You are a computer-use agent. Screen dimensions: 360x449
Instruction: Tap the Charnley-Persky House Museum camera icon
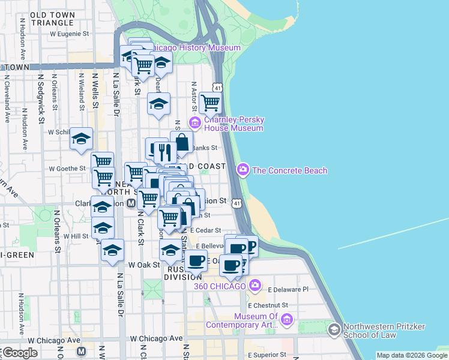tap(194, 124)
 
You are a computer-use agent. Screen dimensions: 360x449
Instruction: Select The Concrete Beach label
tap(289, 170)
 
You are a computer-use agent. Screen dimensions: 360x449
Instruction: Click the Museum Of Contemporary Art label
tap(242, 321)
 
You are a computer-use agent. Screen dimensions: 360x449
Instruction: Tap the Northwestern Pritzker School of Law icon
tap(334, 329)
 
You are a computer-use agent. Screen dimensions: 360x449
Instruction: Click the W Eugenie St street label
tap(73, 34)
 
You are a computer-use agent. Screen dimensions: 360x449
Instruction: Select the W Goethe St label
tap(68, 169)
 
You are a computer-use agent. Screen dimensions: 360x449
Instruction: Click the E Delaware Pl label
tap(288, 289)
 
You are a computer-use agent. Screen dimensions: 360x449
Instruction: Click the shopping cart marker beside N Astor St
tap(210, 103)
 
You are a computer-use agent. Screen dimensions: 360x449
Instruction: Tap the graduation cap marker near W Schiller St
tap(81, 139)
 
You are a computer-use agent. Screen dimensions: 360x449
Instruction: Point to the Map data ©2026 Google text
tap(412, 355)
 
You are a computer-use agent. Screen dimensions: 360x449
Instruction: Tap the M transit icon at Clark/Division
tap(131, 203)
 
